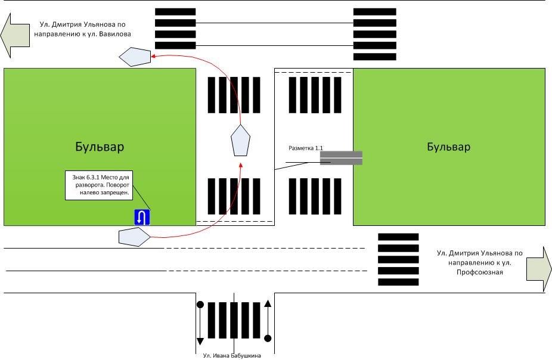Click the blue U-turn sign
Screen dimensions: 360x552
point(142,218)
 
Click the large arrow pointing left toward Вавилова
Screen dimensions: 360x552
point(15,35)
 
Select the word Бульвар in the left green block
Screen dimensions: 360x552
point(100,147)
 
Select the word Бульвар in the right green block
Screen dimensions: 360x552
point(448,147)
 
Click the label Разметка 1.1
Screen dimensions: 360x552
point(305,147)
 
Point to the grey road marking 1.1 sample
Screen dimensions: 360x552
point(341,158)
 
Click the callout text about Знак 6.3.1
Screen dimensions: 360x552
point(98,185)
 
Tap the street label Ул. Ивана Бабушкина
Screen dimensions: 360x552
point(232,356)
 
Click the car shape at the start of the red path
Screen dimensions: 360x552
point(134,237)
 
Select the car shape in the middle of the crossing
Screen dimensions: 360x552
point(240,141)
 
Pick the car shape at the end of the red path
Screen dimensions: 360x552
point(134,57)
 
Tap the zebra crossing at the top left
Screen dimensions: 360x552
point(175,29)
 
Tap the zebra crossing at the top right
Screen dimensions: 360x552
point(374,34)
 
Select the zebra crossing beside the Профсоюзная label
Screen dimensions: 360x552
point(398,259)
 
